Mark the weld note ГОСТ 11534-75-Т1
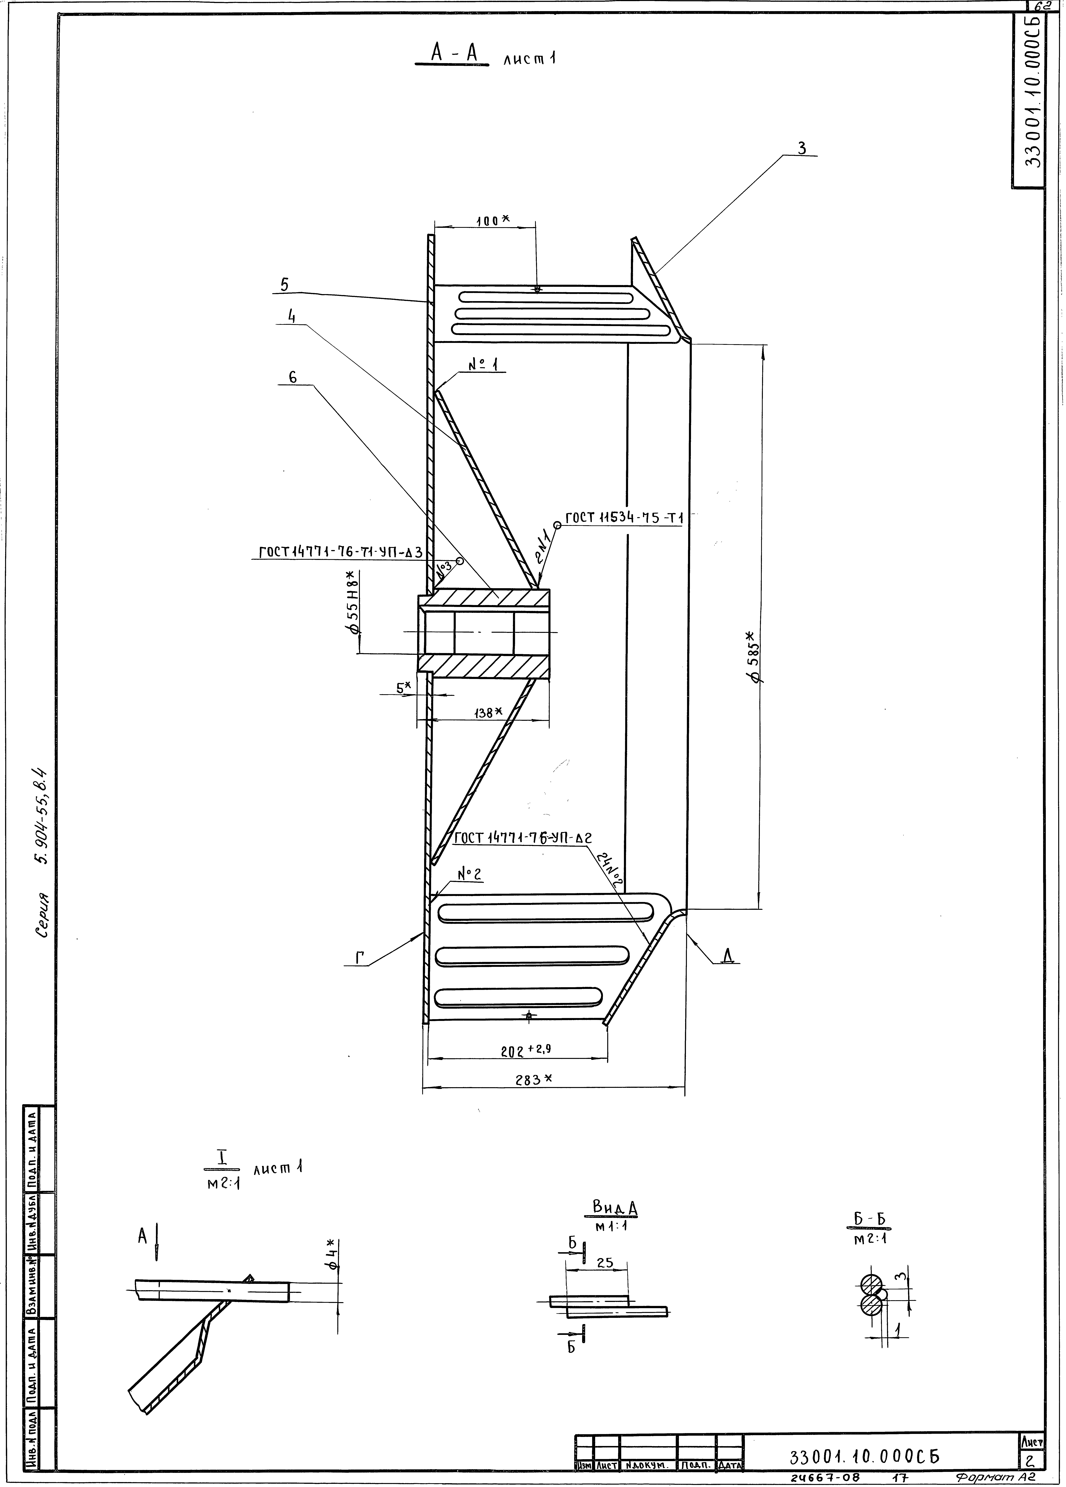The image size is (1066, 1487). point(624,518)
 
